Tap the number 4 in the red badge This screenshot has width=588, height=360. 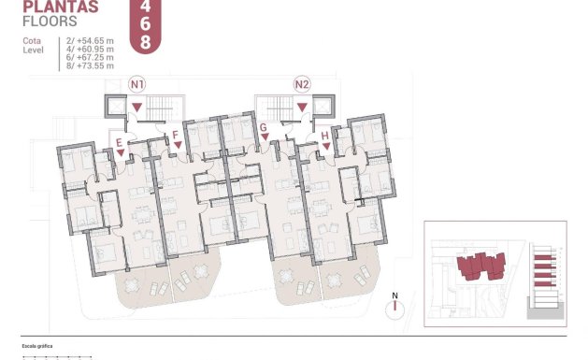coord(144,6)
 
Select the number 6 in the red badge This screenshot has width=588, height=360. coord(144,23)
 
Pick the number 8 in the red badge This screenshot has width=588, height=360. coord(144,42)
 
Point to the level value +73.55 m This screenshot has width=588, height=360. coord(95,65)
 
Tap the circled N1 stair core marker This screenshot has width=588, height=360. coord(137,84)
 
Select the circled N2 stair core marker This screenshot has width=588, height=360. coord(301,84)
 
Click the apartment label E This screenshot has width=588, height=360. coord(119,142)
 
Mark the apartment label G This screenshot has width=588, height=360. coord(265,128)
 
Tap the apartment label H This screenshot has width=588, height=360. coord(324,136)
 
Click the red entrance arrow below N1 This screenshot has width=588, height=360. coord(137,108)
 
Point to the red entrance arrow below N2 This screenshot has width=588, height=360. coord(301,108)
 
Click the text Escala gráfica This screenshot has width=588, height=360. coord(38,347)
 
